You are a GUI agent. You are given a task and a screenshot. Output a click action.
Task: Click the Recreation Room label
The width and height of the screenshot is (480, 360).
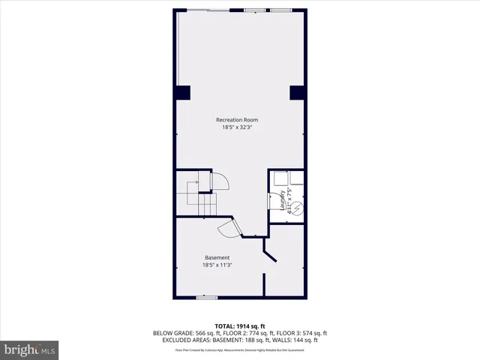coord(237,120)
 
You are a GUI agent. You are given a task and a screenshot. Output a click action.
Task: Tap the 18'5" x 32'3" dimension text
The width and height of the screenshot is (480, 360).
coord(237,127)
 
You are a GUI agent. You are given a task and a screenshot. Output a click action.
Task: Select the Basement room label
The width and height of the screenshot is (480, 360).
coord(217,257)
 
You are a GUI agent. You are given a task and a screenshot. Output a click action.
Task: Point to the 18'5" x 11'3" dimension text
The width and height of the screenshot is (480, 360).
coord(217,265)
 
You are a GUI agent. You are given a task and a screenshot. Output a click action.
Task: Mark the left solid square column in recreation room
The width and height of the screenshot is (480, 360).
coord(183,93)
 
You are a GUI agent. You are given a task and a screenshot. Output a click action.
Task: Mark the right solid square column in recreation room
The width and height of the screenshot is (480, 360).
coord(297,93)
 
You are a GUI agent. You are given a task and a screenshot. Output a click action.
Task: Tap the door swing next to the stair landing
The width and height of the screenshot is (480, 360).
coord(222,181)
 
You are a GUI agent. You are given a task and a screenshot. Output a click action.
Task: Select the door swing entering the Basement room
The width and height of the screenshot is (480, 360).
coord(228,229)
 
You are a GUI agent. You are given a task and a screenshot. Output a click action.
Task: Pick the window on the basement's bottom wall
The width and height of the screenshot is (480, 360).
coord(206,298)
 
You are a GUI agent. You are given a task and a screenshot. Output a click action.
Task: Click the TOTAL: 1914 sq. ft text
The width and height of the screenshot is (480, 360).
coord(240,326)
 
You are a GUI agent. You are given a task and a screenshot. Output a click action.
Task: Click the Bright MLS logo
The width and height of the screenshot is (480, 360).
coord(30,349)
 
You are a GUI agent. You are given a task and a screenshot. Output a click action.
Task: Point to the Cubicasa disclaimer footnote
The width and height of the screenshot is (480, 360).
coord(240,349)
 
